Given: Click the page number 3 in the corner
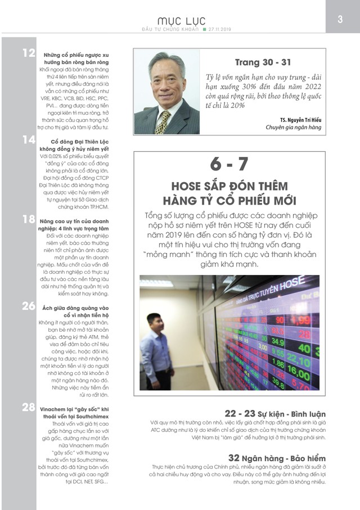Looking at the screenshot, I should tap(340, 19).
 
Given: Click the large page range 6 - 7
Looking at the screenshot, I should tap(229, 164).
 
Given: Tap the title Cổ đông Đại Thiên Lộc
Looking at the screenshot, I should tap(79, 142).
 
